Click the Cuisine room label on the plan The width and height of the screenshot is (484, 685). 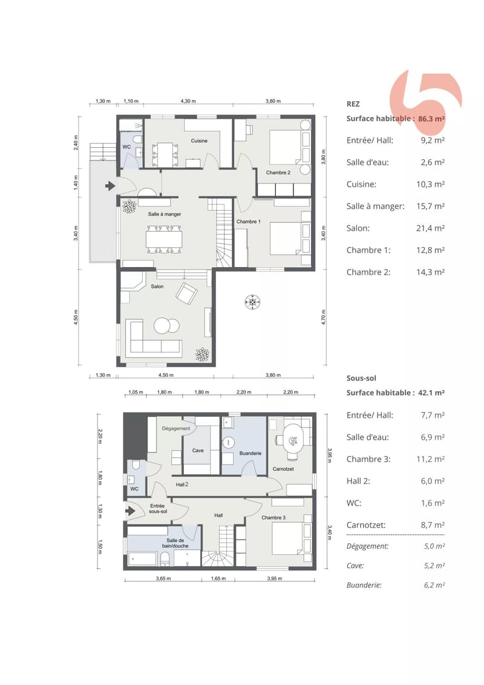point(199,141)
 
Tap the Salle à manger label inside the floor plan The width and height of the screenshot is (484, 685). point(165,214)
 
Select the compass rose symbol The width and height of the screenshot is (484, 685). point(252,302)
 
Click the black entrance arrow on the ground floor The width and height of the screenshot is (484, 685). point(110,186)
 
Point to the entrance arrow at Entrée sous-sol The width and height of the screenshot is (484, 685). point(131,510)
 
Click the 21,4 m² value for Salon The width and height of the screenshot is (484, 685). point(430,228)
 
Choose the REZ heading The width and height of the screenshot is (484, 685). point(353,104)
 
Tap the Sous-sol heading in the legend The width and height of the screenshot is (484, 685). point(361,379)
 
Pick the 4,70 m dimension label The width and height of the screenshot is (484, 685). point(324,317)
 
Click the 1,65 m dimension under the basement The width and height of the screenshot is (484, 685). point(218,578)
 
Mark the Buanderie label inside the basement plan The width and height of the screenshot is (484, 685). point(250,454)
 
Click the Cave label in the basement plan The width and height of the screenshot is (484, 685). point(198,451)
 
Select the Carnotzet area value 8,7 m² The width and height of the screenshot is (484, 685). point(433,525)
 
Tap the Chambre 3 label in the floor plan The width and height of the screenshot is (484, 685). point(273,518)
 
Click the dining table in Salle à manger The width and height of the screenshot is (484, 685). point(164,239)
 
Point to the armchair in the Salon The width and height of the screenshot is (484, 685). point(187,293)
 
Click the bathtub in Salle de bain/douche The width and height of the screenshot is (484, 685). point(143,559)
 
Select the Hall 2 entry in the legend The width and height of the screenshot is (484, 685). point(358,481)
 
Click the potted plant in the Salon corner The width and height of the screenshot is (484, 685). point(202,354)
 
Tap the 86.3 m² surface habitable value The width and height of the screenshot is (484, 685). point(431,118)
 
